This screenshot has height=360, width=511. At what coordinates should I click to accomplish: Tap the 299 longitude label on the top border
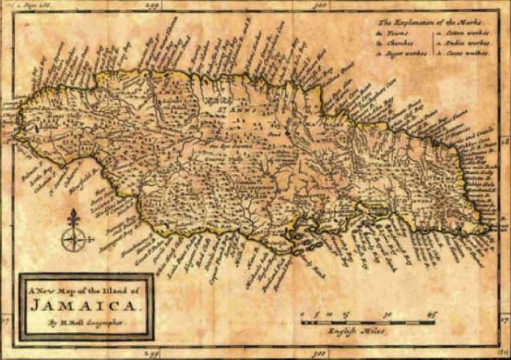(x=147, y=6)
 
